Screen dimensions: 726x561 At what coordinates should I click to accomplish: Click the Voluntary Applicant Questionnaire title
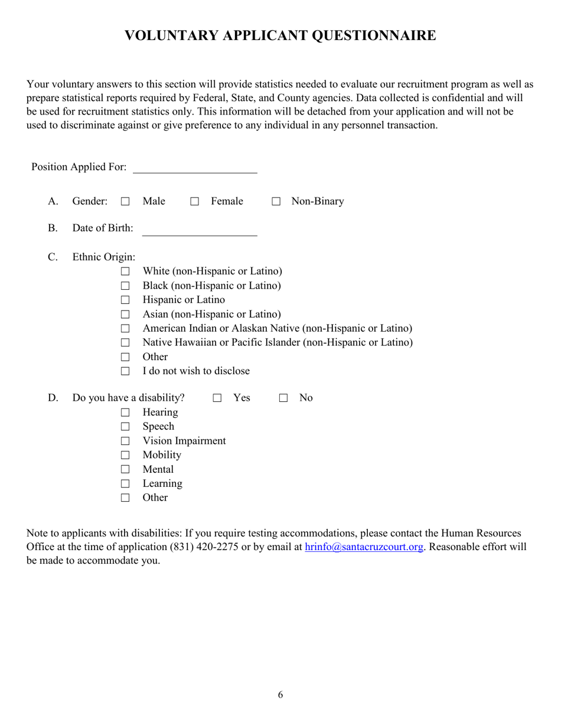tap(280, 36)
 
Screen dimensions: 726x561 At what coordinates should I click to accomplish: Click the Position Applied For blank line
tap(195, 168)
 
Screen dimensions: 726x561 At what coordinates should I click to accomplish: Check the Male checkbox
tap(125, 202)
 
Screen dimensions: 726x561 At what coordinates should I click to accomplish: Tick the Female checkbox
tap(194, 202)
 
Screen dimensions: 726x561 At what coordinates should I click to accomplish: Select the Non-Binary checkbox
tap(276, 202)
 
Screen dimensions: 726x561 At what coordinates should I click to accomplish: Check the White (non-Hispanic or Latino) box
tap(125, 272)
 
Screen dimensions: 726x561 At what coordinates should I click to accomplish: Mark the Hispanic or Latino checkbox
tap(125, 300)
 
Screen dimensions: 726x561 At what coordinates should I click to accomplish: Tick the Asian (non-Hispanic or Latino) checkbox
tap(125, 315)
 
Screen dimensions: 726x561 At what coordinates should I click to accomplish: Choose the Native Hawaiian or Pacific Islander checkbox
tap(125, 343)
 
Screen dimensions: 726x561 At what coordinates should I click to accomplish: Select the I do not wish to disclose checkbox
tap(125, 372)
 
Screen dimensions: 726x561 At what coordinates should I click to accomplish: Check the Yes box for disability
tap(217, 398)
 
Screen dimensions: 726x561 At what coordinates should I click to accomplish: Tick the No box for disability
tap(283, 398)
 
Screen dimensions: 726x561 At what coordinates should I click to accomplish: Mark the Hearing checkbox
tap(125, 413)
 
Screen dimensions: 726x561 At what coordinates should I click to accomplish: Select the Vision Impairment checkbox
tap(125, 441)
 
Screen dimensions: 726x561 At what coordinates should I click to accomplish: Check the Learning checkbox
tap(125, 484)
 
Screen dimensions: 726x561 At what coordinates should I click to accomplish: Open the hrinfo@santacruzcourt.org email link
tap(364, 547)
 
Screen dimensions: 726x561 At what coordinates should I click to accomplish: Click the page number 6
tap(280, 695)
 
